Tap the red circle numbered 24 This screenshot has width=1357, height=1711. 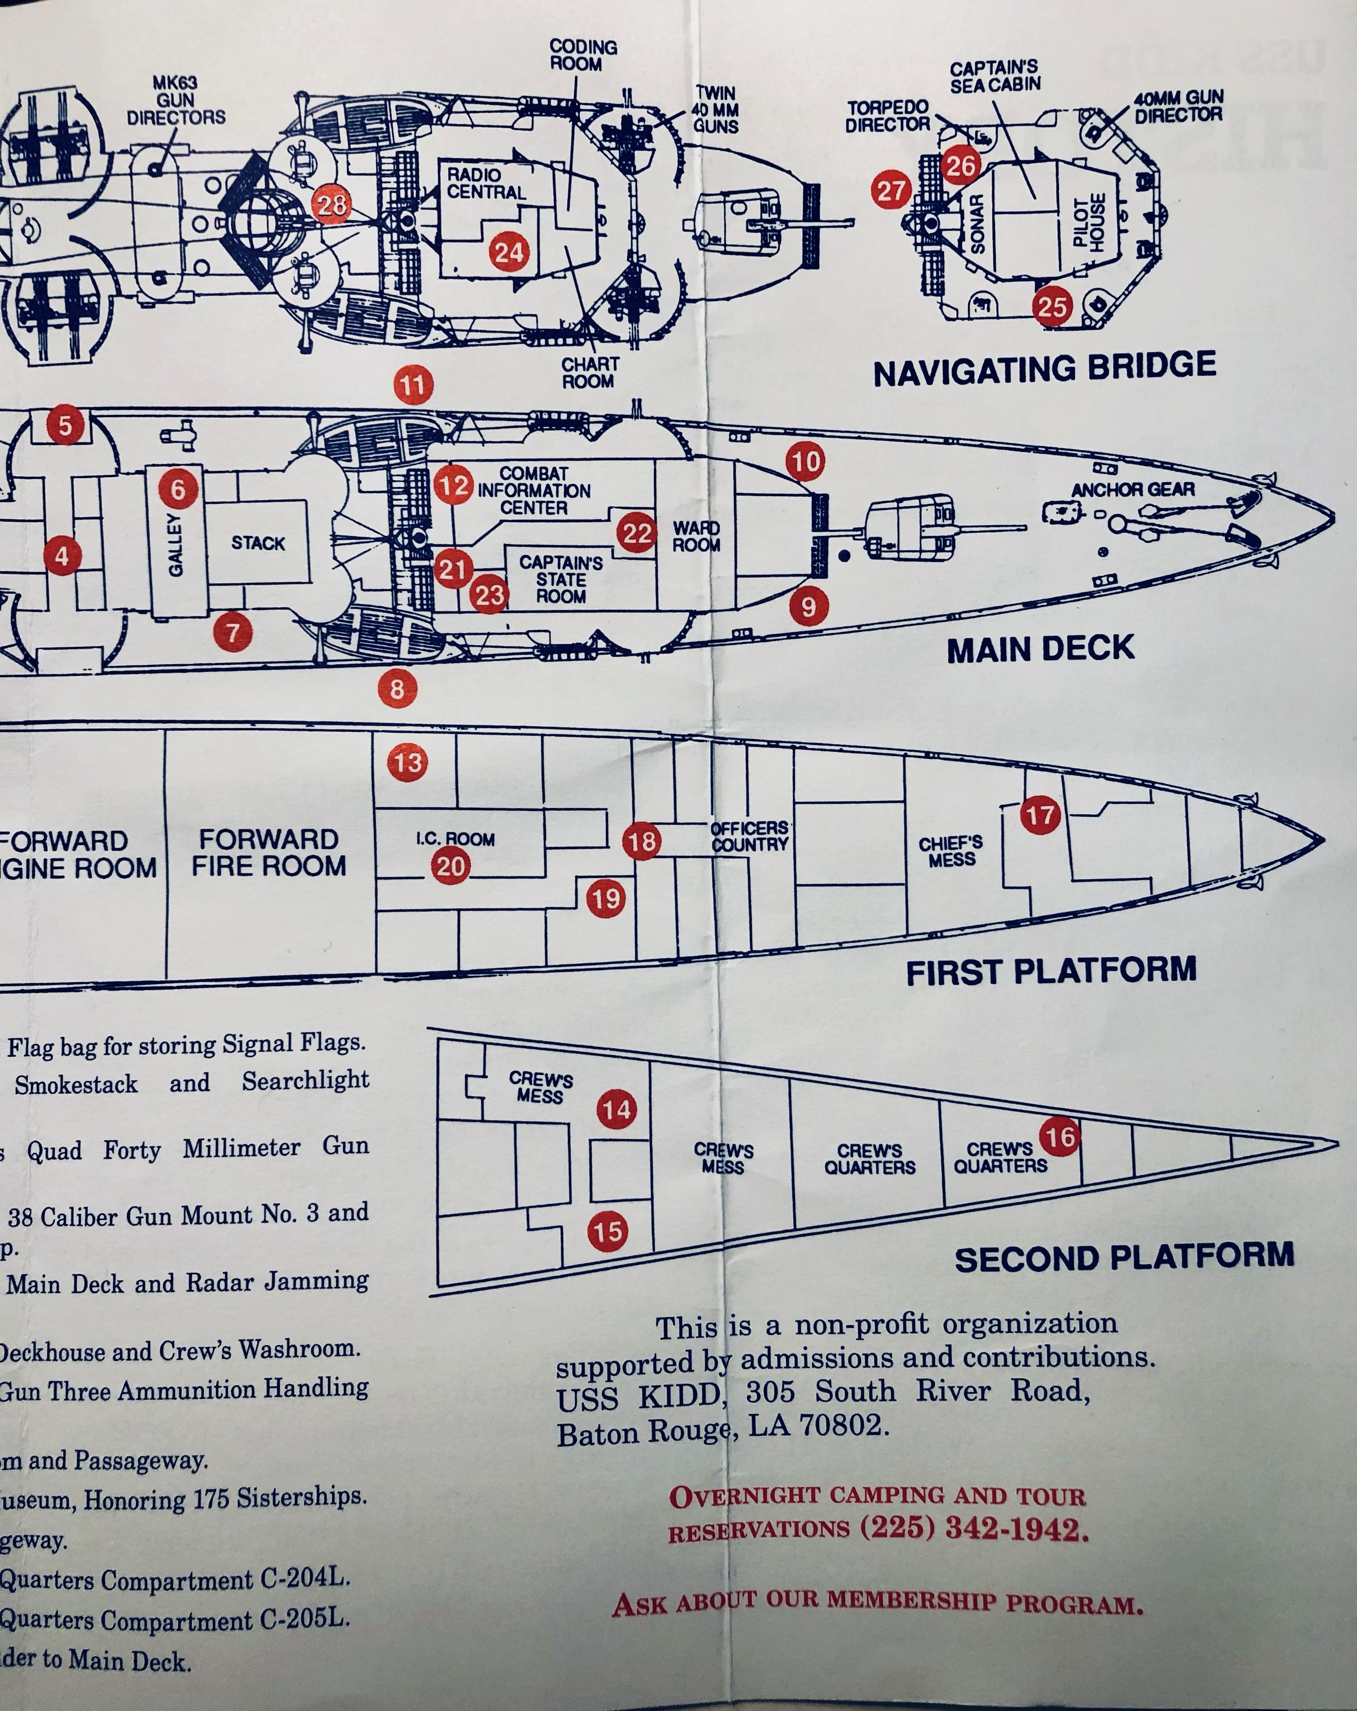[509, 252]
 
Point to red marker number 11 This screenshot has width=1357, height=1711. [413, 386]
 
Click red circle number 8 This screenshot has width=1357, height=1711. [397, 689]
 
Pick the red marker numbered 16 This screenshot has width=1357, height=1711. [1060, 1138]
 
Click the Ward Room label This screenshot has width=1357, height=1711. [696, 536]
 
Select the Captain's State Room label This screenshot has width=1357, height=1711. [561, 579]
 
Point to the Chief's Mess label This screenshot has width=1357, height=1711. [951, 851]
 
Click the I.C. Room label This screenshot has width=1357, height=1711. [455, 839]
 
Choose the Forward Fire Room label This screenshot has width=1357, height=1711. [268, 852]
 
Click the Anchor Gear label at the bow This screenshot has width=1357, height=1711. [1133, 490]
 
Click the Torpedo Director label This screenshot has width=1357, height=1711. [887, 116]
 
